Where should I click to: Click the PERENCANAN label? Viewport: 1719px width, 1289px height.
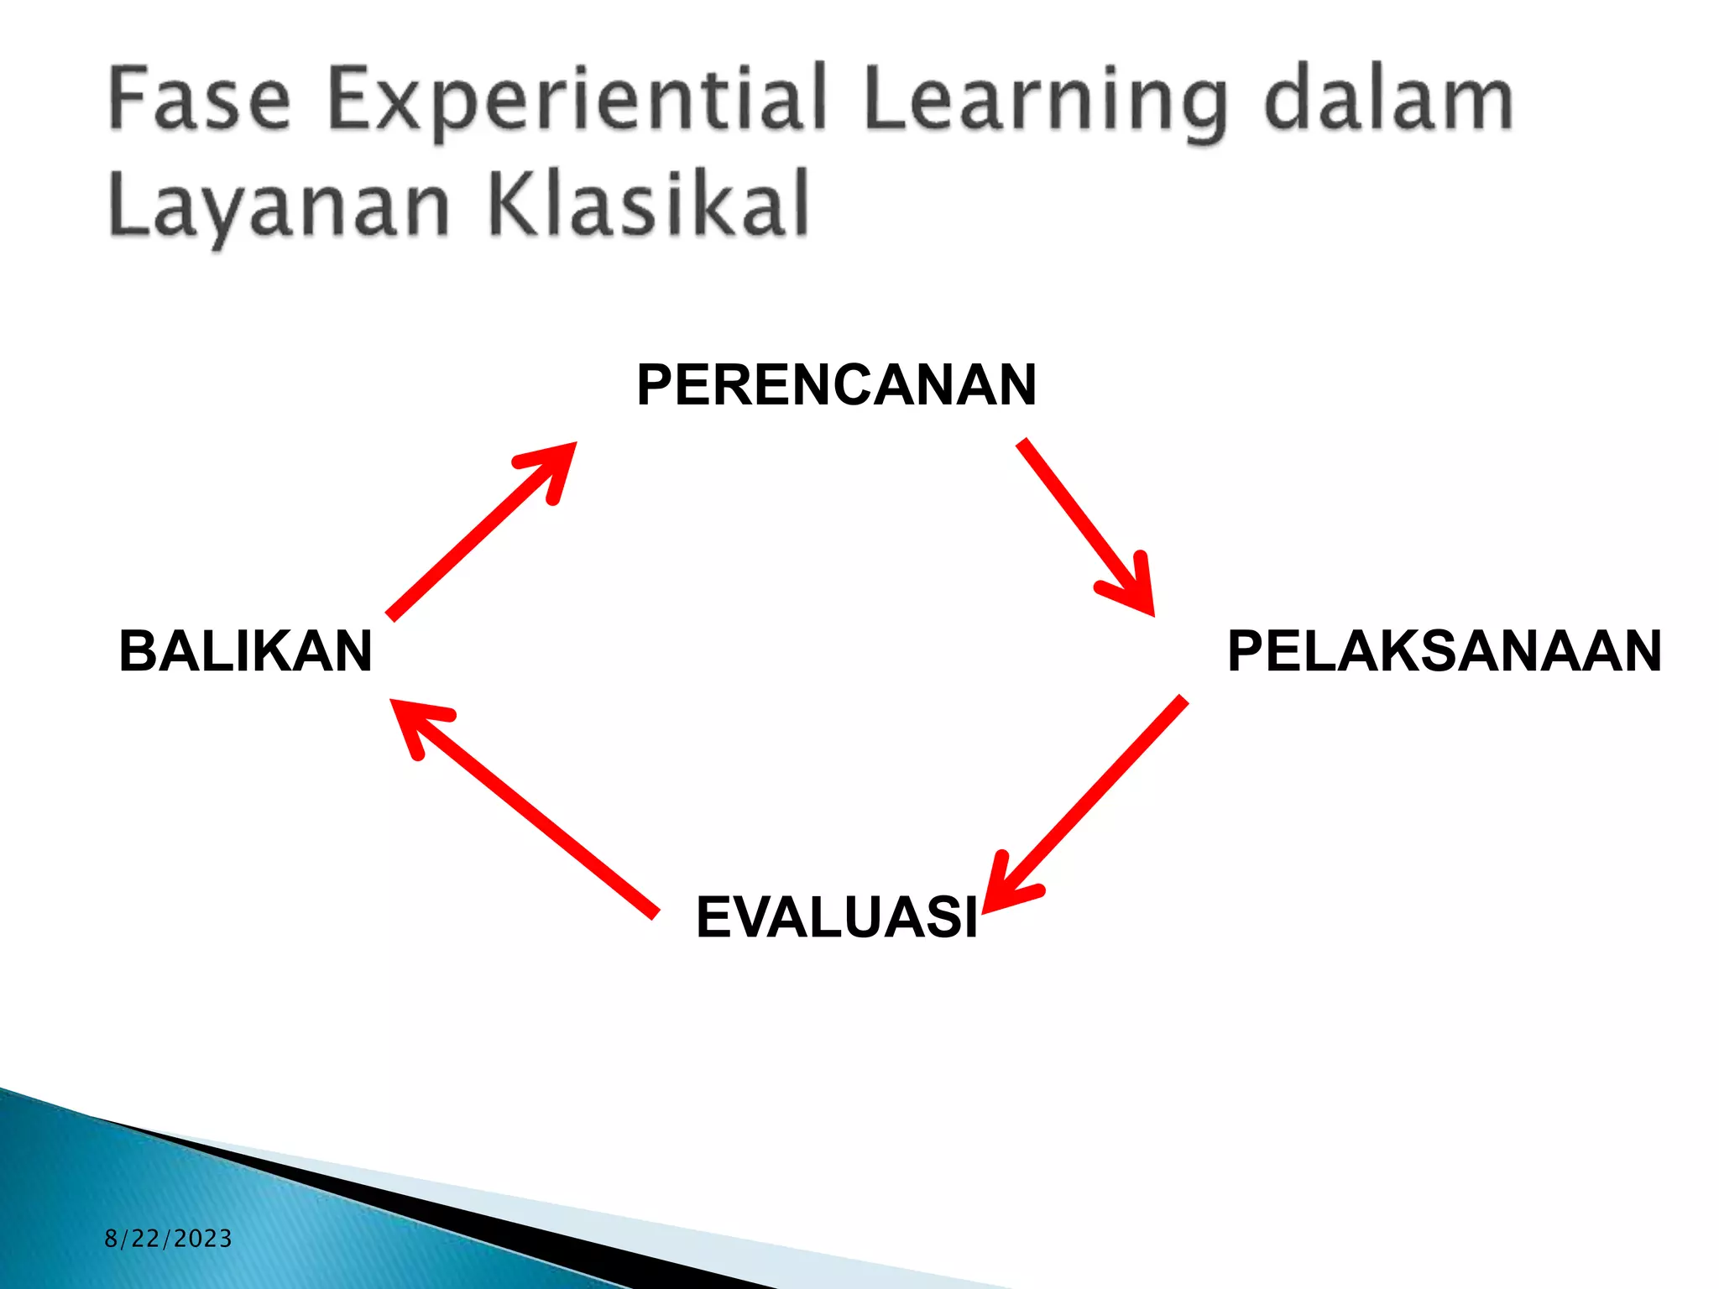pos(836,385)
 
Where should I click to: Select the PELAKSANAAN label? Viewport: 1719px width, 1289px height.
pos(1444,651)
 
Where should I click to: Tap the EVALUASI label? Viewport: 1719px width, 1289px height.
pos(837,917)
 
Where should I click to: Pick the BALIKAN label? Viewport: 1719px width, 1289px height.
pos(245,651)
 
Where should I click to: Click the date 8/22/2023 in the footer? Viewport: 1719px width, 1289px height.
pos(168,1239)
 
